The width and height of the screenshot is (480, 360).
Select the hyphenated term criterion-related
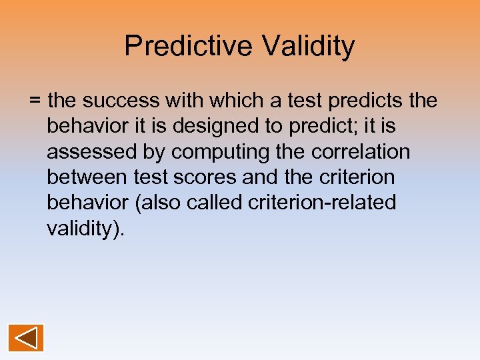click(x=322, y=203)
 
